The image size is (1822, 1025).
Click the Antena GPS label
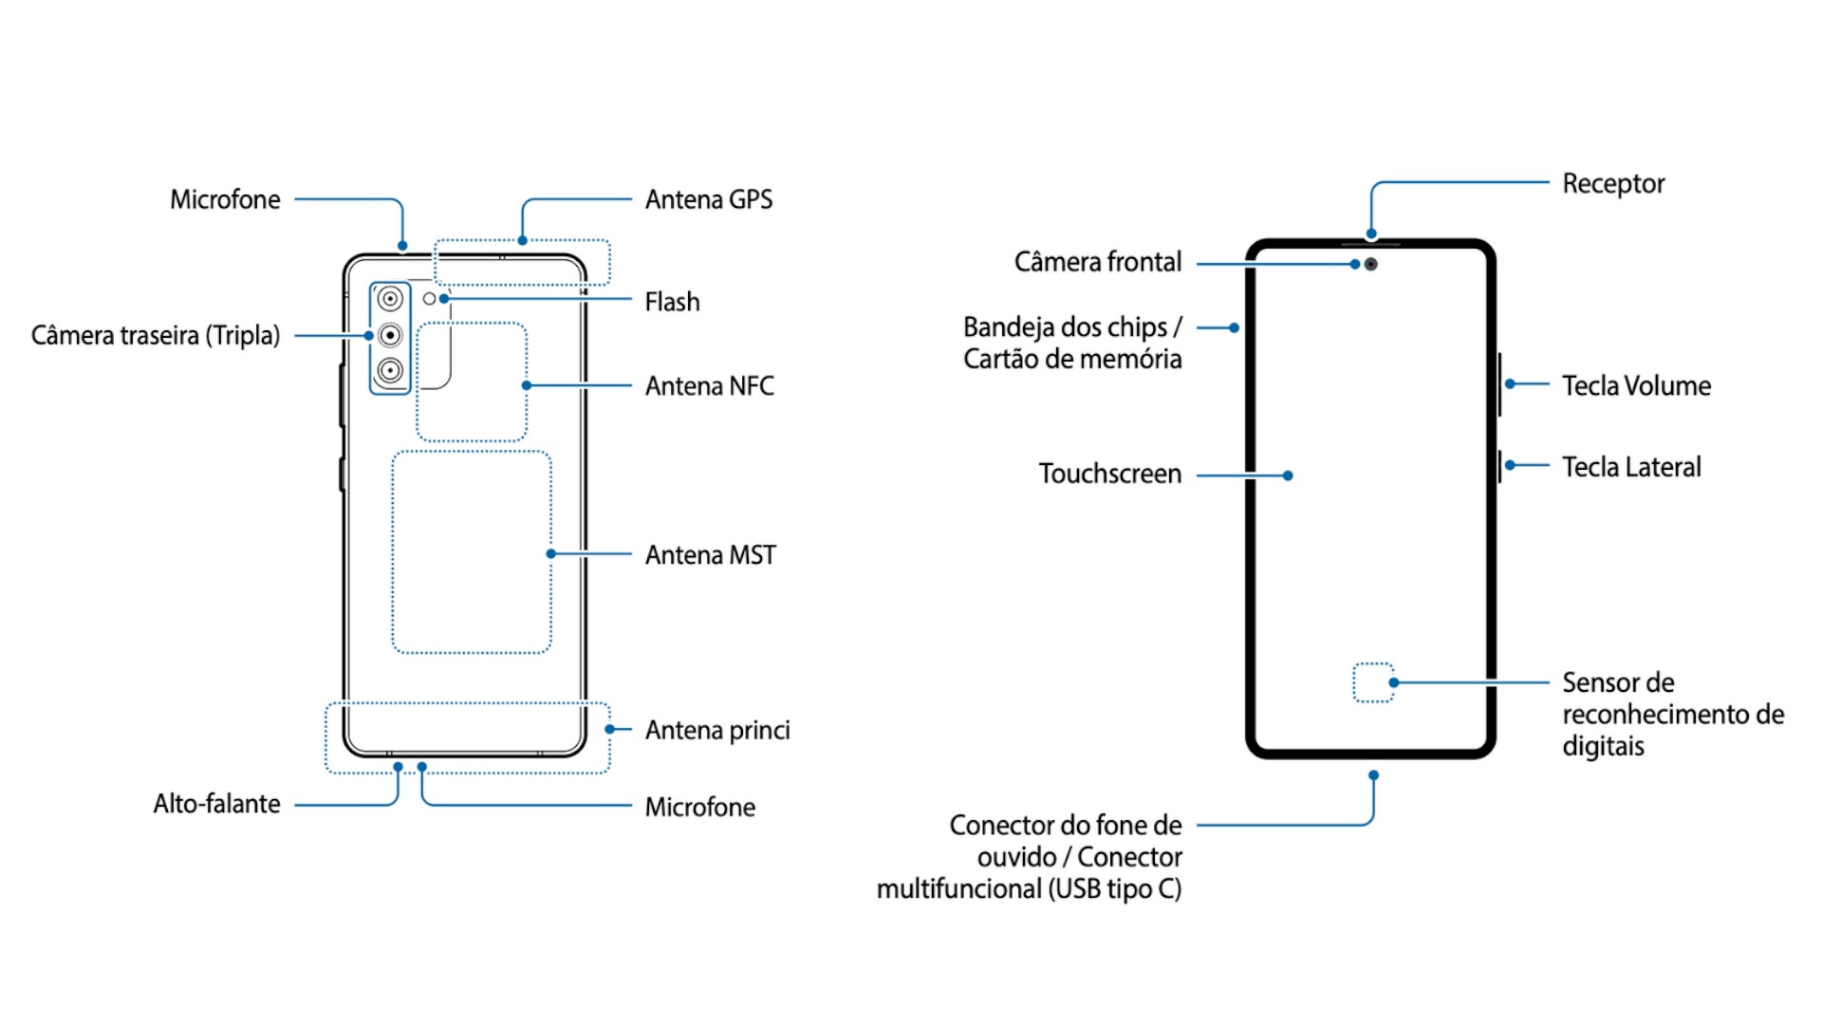click(x=708, y=199)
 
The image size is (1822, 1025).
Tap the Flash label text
click(x=672, y=302)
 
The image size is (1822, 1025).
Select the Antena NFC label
click(x=709, y=385)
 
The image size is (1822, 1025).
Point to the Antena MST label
click(x=710, y=554)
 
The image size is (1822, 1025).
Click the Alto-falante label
click(x=216, y=804)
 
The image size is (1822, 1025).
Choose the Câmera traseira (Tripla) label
click(x=156, y=335)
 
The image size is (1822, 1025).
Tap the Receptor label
click(x=1613, y=183)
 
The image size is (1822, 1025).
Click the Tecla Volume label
click(x=1636, y=385)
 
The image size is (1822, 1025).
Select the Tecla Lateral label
click(x=1631, y=467)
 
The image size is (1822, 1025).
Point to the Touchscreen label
click(x=1109, y=474)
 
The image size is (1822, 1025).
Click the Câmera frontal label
click(x=1097, y=262)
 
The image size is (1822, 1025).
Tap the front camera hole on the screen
click(x=1371, y=264)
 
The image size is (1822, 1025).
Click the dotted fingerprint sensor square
click(x=1372, y=682)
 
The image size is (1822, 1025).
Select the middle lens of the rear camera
click(x=390, y=335)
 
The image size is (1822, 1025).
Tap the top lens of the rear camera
click(x=390, y=300)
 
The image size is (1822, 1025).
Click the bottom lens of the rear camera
click(x=390, y=370)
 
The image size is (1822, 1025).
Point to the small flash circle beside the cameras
click(x=429, y=299)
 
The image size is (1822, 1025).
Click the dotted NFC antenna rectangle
click(x=472, y=382)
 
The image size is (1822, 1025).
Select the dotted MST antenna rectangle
click(x=472, y=551)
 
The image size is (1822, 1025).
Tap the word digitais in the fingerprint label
click(x=1603, y=746)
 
